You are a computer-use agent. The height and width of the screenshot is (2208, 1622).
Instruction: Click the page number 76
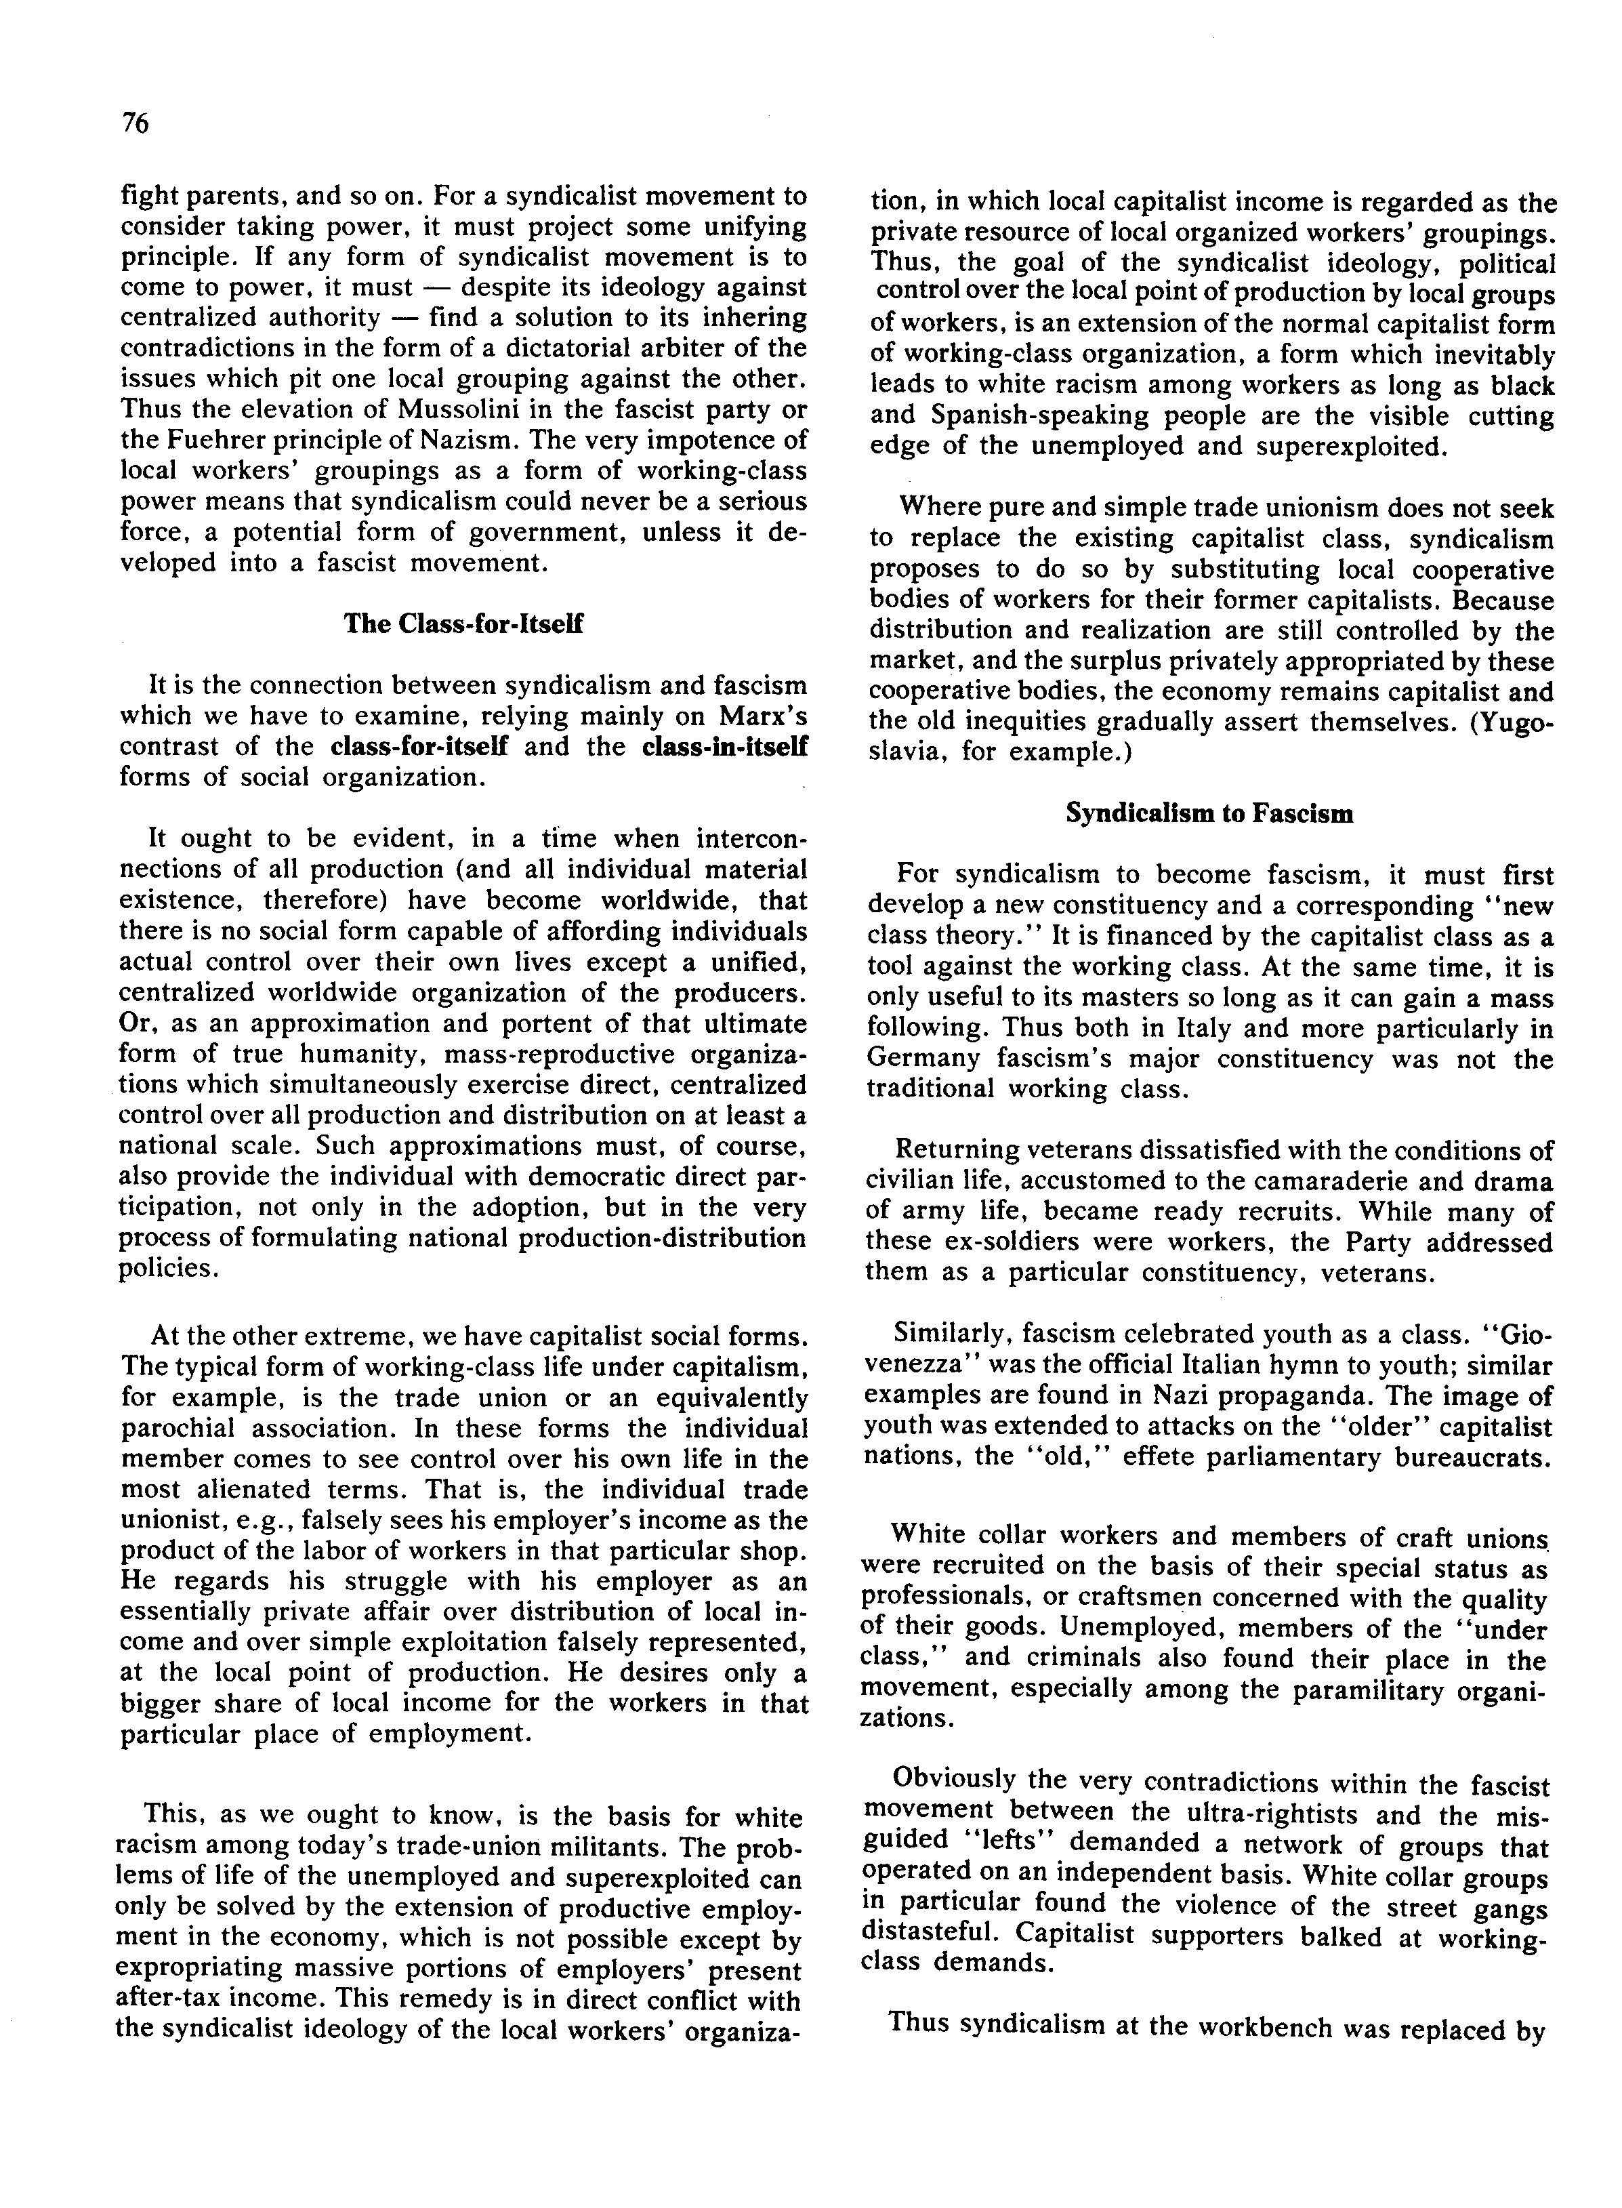(136, 124)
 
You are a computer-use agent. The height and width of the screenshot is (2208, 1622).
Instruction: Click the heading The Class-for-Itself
(463, 625)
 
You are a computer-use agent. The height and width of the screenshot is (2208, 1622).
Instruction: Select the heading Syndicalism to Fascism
(1209, 814)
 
